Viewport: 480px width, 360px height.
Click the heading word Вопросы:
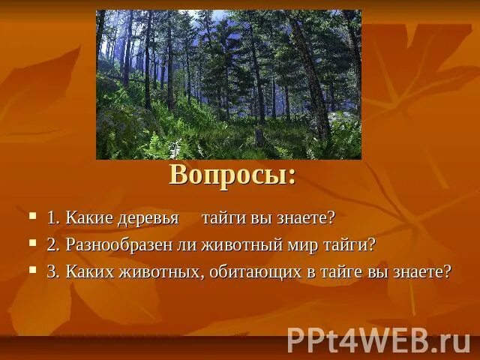(232, 175)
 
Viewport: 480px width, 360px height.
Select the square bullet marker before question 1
(32, 216)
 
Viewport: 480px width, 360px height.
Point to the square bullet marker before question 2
(32, 243)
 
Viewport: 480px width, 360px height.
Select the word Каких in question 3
(88, 271)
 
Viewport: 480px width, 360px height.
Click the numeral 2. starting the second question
(54, 245)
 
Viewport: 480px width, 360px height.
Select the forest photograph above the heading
(229, 84)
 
